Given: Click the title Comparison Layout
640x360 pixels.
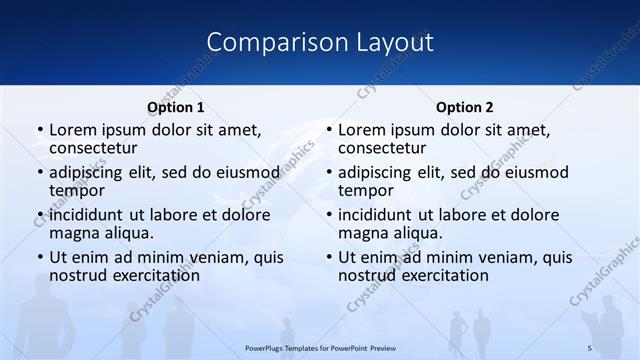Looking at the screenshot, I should (319, 42).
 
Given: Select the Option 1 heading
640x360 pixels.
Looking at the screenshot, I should (175, 107).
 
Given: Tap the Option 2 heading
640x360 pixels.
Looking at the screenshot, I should (464, 107).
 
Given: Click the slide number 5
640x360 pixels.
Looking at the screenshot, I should (589, 348).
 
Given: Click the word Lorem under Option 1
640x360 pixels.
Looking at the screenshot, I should (73, 130).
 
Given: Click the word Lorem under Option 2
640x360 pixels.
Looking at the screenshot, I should (362, 130).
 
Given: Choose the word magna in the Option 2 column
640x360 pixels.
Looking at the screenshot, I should (361, 233).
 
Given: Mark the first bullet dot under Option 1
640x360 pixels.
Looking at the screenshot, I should (40, 131).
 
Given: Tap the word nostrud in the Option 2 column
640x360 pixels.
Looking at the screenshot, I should (368, 275).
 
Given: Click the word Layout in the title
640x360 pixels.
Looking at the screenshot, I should (394, 42).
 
